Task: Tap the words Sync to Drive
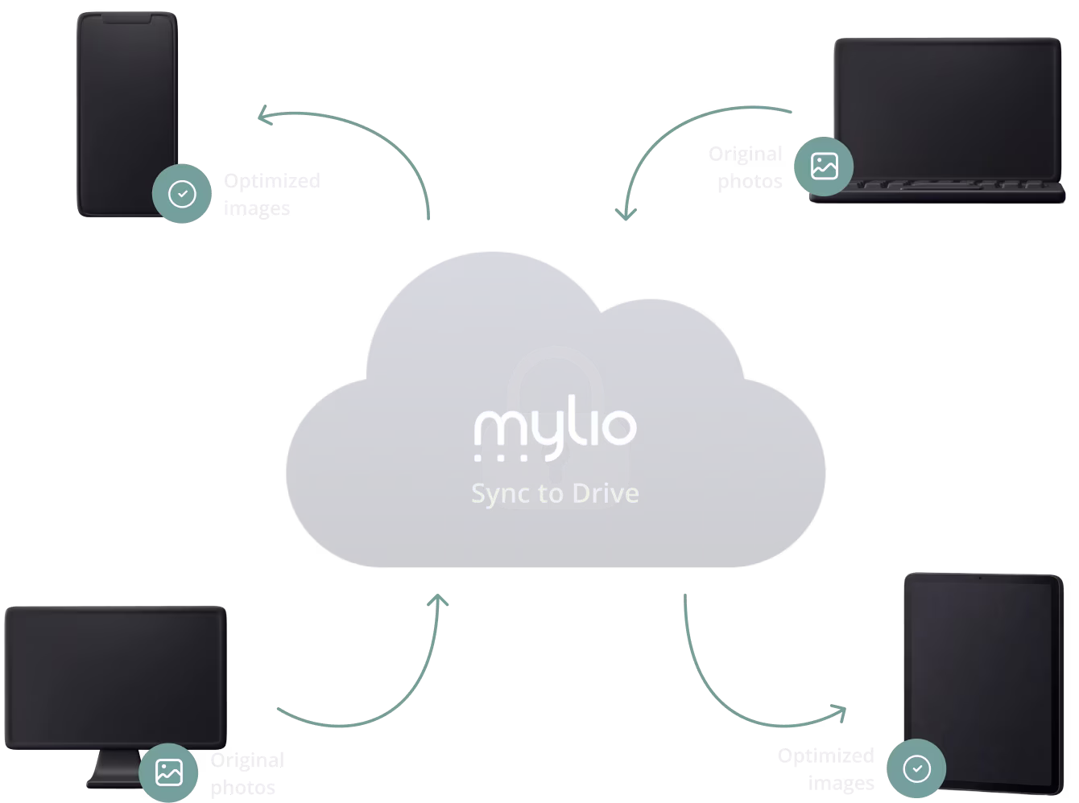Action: point(555,492)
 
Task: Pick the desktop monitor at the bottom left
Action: point(114,676)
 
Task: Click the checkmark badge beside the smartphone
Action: point(182,194)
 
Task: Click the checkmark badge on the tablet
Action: point(916,769)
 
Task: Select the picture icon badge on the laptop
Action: point(824,167)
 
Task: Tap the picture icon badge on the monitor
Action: point(168,772)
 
